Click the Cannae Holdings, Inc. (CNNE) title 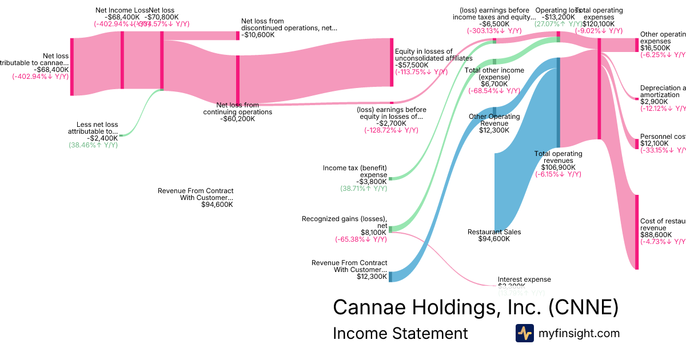tap(476, 307)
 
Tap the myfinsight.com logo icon tap(525, 333)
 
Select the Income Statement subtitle tap(400, 333)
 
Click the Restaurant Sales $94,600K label tap(494, 235)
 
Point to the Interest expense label tap(524, 279)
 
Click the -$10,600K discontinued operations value tap(258, 35)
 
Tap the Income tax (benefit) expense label tap(355, 171)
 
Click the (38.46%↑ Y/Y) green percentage tap(93, 146)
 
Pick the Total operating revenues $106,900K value tap(559, 167)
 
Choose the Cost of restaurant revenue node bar tap(637, 231)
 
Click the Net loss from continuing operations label tap(238, 109)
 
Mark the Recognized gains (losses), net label tap(344, 222)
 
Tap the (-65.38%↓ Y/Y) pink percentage tap(361, 239)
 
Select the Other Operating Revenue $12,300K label tap(494, 123)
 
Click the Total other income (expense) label tap(494, 74)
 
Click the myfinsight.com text tap(579, 333)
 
